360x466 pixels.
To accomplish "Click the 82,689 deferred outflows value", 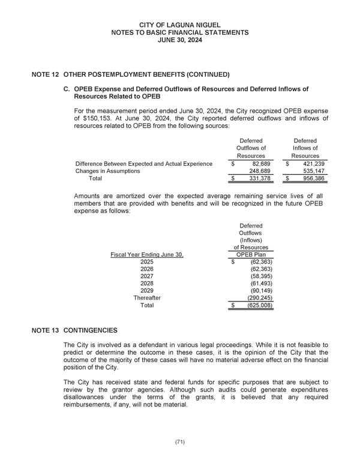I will click(257, 164).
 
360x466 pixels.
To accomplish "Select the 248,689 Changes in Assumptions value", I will click(257, 171).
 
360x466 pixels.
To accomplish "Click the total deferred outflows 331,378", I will click(257, 178).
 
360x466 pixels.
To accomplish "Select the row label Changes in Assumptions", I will click(107, 171).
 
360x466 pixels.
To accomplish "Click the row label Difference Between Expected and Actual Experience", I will click(143, 164).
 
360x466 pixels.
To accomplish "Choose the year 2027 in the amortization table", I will click(146, 276).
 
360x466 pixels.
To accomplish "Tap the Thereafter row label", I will click(146, 298).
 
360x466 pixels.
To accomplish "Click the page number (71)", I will click(180, 442).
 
